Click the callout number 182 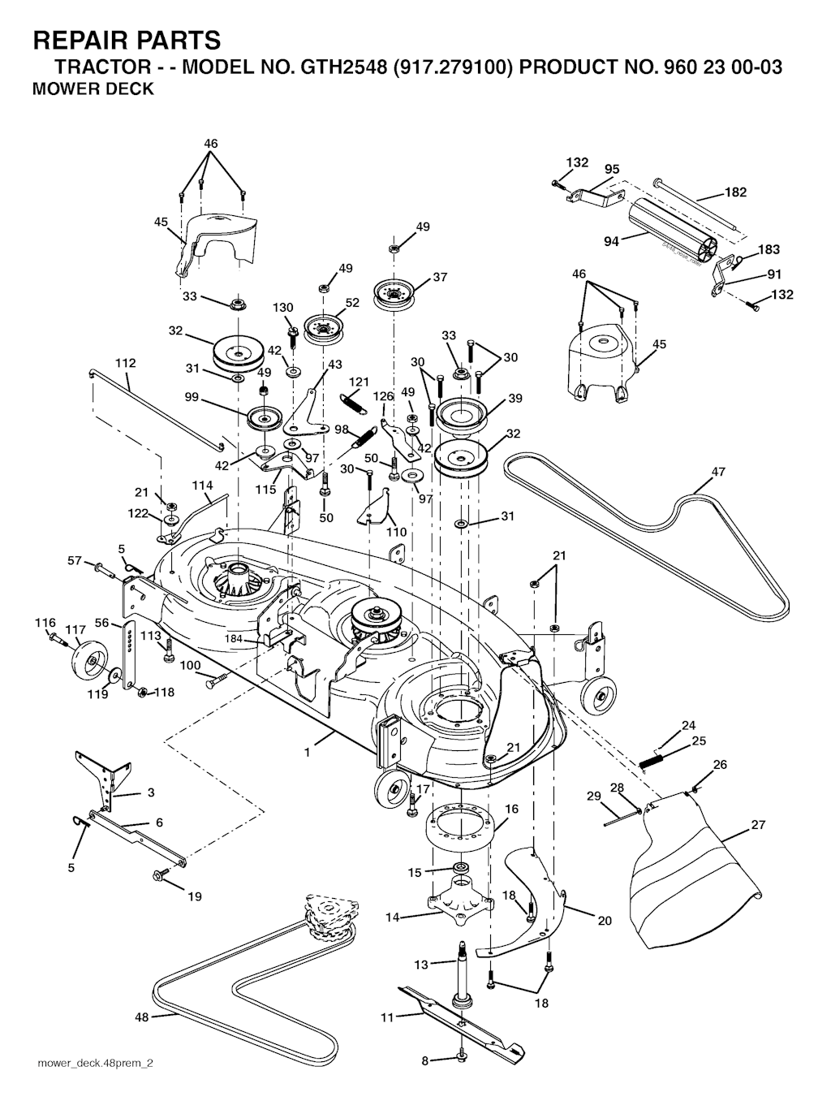click(x=735, y=192)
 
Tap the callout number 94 click(x=611, y=242)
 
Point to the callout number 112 click(x=125, y=363)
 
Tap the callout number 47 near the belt click(x=718, y=472)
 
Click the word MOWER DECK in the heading click(x=92, y=90)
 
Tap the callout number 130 click(x=282, y=308)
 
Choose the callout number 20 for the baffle click(x=605, y=921)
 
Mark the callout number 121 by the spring click(x=359, y=382)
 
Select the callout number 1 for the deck click(x=307, y=753)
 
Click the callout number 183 click(x=769, y=250)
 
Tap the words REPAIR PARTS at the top click(x=126, y=40)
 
